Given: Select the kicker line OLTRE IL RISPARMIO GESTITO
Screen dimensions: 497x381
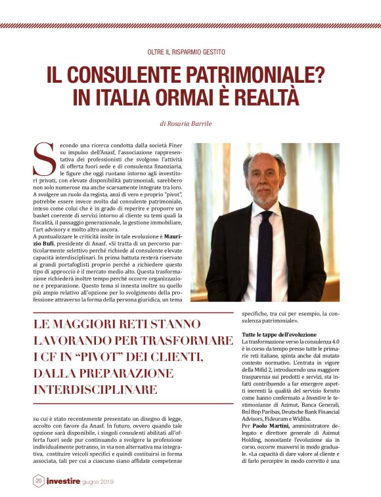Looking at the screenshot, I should tap(186, 51).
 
